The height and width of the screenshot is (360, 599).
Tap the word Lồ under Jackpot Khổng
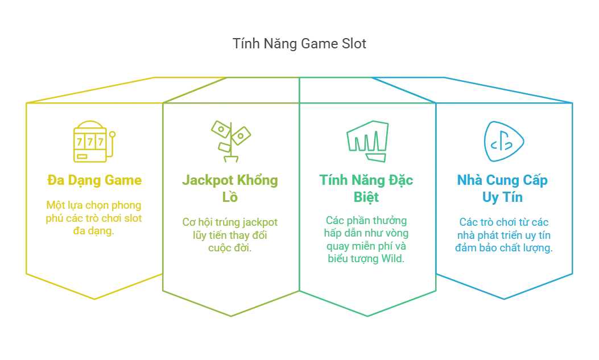[230, 197]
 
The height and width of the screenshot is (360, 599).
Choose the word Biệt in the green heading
[367, 197]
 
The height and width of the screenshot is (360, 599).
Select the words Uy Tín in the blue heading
[503, 197]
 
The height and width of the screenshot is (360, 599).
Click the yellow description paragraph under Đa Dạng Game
[94, 217]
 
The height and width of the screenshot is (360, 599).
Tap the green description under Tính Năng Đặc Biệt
[367, 239]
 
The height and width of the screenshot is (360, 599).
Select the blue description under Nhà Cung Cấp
[503, 234]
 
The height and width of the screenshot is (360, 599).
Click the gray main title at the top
[300, 44]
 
